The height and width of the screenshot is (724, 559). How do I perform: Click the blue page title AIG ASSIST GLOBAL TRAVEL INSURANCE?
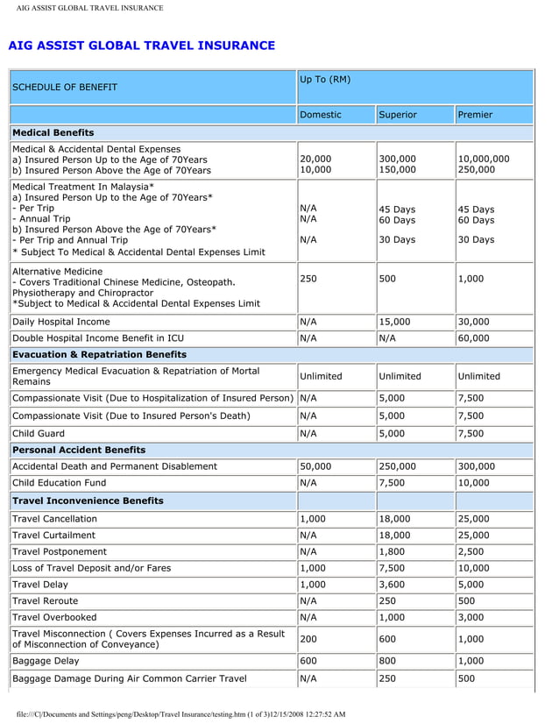(x=141, y=46)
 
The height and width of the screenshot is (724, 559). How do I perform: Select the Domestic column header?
(x=321, y=115)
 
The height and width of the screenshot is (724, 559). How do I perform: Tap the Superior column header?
(x=398, y=115)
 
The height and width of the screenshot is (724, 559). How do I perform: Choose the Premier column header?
(x=475, y=115)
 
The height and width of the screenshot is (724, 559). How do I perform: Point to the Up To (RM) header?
(x=325, y=80)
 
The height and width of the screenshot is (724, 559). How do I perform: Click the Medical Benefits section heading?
(x=53, y=132)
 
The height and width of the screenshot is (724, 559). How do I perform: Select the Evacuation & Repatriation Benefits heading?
(x=99, y=354)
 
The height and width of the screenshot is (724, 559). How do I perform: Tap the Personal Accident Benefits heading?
(x=79, y=450)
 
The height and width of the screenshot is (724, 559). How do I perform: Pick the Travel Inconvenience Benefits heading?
(x=88, y=500)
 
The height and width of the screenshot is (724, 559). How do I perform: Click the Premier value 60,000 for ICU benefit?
(x=474, y=338)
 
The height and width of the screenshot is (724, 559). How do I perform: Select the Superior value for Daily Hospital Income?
(x=394, y=322)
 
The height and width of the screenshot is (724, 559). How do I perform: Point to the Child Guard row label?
(x=39, y=433)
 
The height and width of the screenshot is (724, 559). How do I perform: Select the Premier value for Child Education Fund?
(x=474, y=483)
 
